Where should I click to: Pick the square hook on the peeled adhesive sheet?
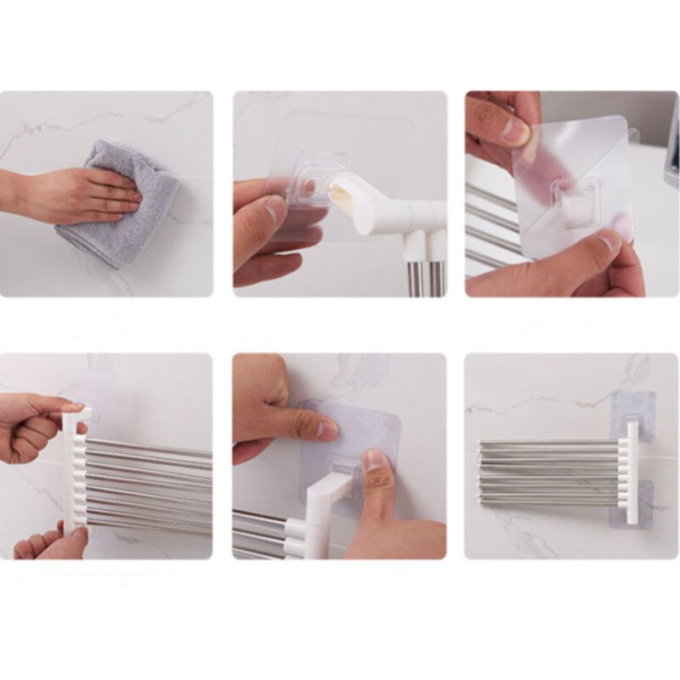[x=577, y=200]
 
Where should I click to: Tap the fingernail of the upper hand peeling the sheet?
[x=514, y=129]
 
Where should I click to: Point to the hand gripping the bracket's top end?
[x=34, y=425]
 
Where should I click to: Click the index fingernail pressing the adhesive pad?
[x=326, y=430]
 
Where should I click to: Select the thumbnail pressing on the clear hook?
[x=373, y=461]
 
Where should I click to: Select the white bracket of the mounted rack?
[x=632, y=472]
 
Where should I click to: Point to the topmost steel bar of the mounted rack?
[x=552, y=443]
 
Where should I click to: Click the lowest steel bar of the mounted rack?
[x=552, y=502]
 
